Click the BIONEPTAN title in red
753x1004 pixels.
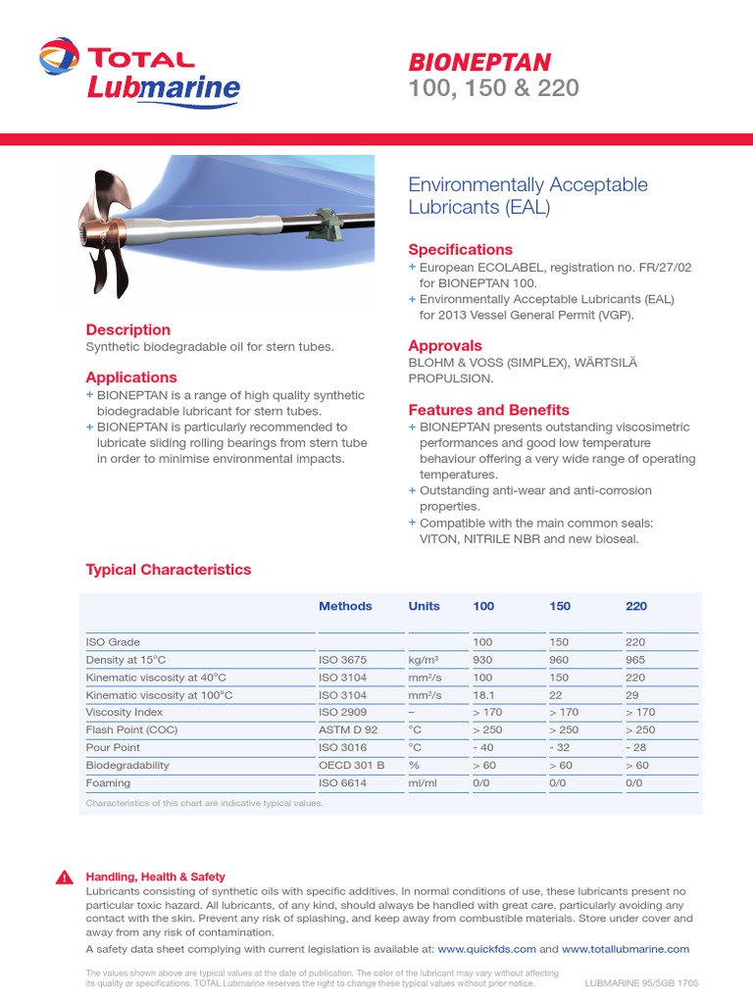(479, 62)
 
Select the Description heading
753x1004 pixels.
(127, 329)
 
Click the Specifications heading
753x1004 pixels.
(460, 249)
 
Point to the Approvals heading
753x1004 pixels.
(444, 345)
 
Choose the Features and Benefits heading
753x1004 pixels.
(488, 410)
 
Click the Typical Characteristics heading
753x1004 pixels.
(168, 570)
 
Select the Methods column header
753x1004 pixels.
(345, 606)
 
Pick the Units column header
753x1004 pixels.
(424, 606)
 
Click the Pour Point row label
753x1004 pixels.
(113, 747)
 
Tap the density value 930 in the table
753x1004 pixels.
(482, 660)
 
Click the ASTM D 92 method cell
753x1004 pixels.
(347, 729)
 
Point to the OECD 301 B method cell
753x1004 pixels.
(351, 765)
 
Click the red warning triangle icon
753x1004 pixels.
(64, 878)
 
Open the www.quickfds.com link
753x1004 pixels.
(486, 949)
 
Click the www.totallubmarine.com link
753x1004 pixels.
(626, 949)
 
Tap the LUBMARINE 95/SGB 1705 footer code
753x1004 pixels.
(641, 981)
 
